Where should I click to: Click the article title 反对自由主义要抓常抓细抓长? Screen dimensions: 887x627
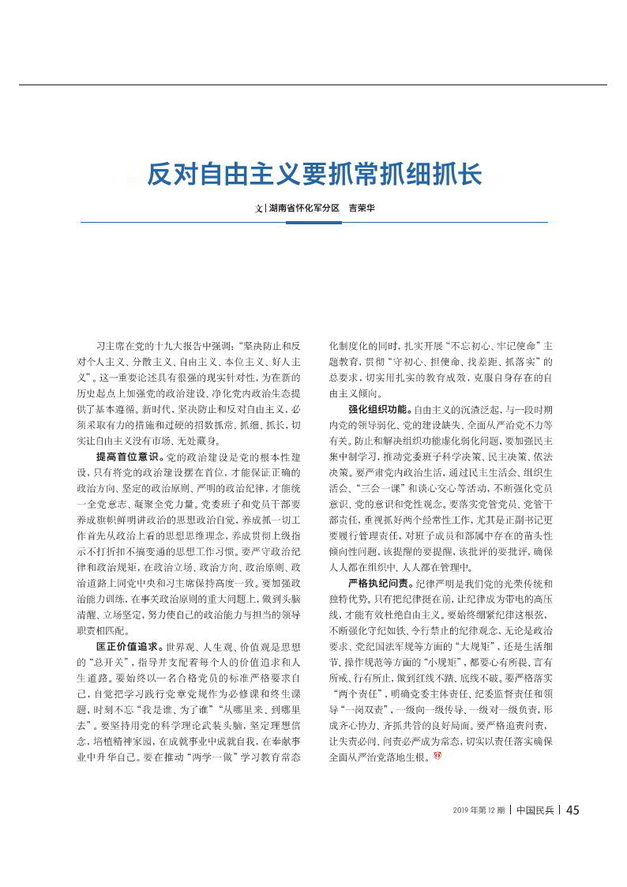(313, 174)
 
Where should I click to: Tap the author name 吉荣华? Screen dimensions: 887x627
(361, 209)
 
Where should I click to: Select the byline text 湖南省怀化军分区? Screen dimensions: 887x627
(304, 209)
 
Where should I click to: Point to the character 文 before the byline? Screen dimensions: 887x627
(257, 209)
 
